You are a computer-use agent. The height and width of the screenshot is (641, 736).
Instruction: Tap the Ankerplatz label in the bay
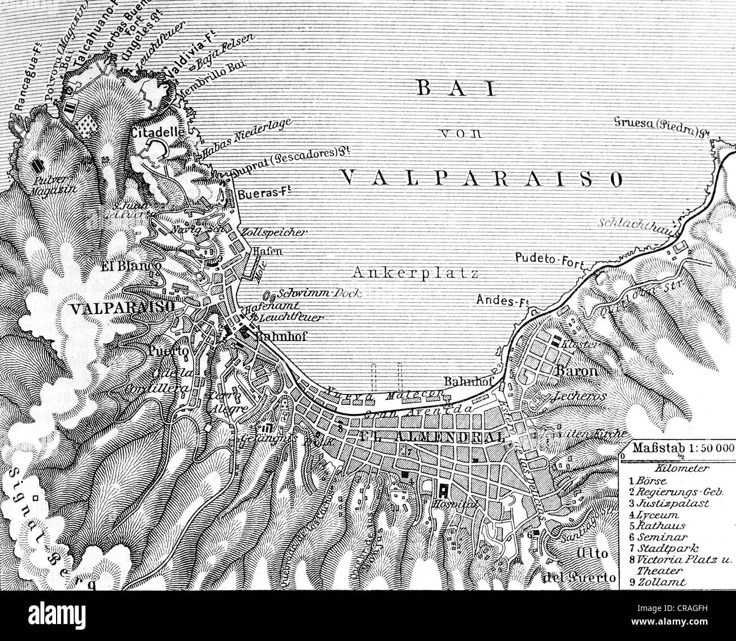416,273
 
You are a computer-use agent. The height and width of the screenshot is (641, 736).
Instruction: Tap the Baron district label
576,371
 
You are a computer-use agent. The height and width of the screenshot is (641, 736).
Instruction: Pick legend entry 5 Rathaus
657,525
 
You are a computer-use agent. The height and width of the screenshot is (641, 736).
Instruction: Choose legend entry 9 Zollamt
660,582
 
